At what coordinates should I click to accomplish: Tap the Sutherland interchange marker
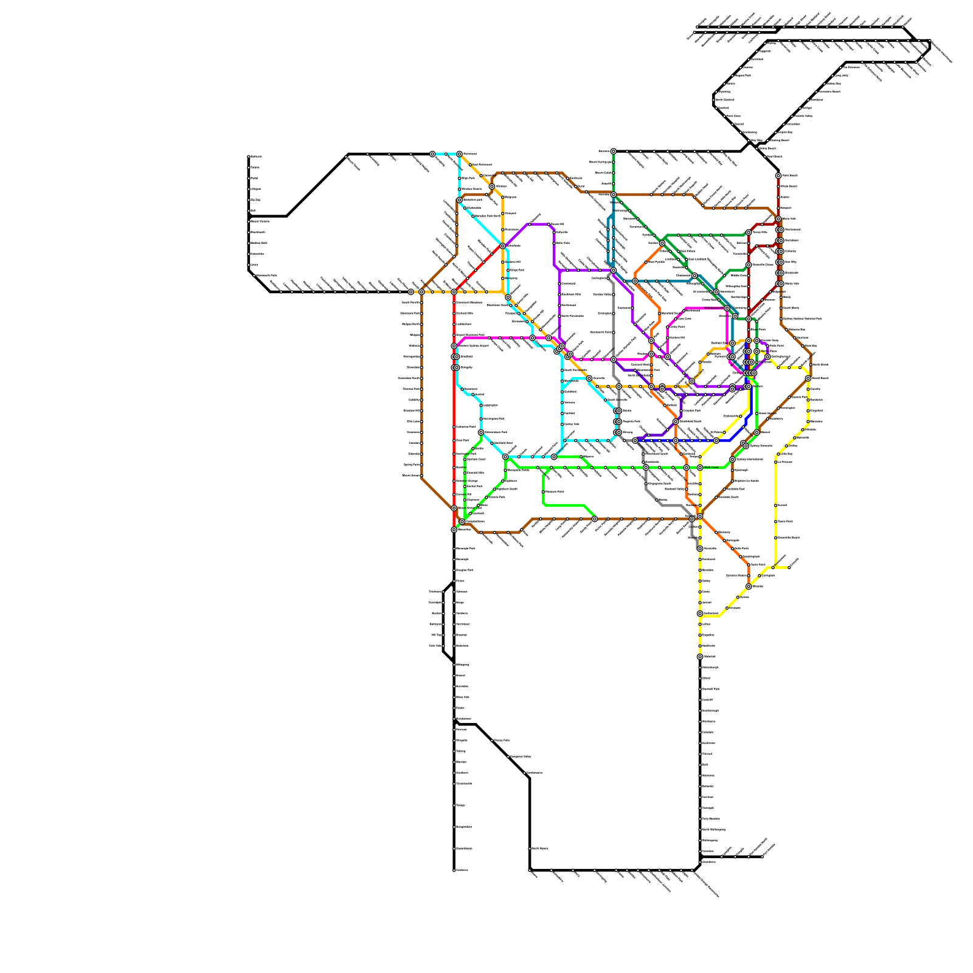tap(700, 614)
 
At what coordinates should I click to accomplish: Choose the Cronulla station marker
tap(789, 567)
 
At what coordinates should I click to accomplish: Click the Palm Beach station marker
tap(778, 176)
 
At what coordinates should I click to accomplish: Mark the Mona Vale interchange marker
tap(778, 219)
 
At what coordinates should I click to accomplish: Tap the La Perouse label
tap(786, 462)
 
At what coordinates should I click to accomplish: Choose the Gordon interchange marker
tap(662, 243)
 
